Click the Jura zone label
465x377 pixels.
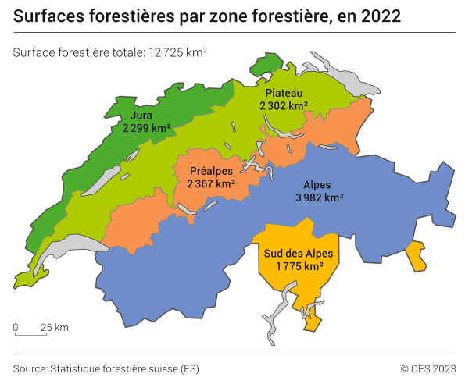pos(141,116)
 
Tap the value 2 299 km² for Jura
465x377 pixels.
pos(146,128)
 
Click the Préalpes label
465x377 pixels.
pos(211,171)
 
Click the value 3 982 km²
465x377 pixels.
pos(319,198)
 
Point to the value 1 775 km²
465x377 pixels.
pos(299,267)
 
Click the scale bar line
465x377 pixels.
pos(30,335)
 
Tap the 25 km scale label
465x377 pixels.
pos(55,327)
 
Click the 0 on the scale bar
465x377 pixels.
pos(16,327)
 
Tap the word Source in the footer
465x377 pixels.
pos(30,368)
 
